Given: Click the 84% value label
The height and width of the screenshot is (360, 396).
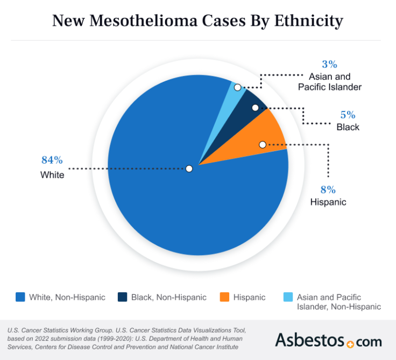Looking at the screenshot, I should (x=52, y=160).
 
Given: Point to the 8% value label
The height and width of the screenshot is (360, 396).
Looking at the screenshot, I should (x=328, y=189).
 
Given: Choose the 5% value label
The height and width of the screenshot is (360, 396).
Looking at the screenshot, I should (x=348, y=115).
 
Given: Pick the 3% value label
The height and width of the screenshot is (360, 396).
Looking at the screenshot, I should (x=329, y=65).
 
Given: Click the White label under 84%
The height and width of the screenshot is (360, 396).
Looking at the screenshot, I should (x=52, y=175).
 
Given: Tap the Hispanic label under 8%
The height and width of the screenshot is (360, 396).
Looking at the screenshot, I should (x=328, y=202).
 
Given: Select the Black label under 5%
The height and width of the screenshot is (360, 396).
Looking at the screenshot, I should (x=348, y=128).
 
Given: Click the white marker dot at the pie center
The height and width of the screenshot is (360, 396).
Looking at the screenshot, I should (x=189, y=168).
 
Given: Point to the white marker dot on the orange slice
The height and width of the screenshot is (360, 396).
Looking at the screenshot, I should (x=262, y=144).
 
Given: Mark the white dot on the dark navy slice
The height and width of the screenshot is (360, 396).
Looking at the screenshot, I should (x=255, y=108).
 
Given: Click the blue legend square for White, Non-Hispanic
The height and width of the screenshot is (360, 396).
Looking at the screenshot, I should (x=20, y=297).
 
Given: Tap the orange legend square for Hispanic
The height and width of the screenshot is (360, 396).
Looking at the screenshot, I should (x=224, y=297).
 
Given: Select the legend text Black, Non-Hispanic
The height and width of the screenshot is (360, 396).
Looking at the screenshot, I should (x=168, y=297).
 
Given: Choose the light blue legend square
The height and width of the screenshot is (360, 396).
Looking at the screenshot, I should (x=288, y=297).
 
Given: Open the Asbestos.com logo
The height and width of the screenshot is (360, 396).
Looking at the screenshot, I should (x=328, y=340).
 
